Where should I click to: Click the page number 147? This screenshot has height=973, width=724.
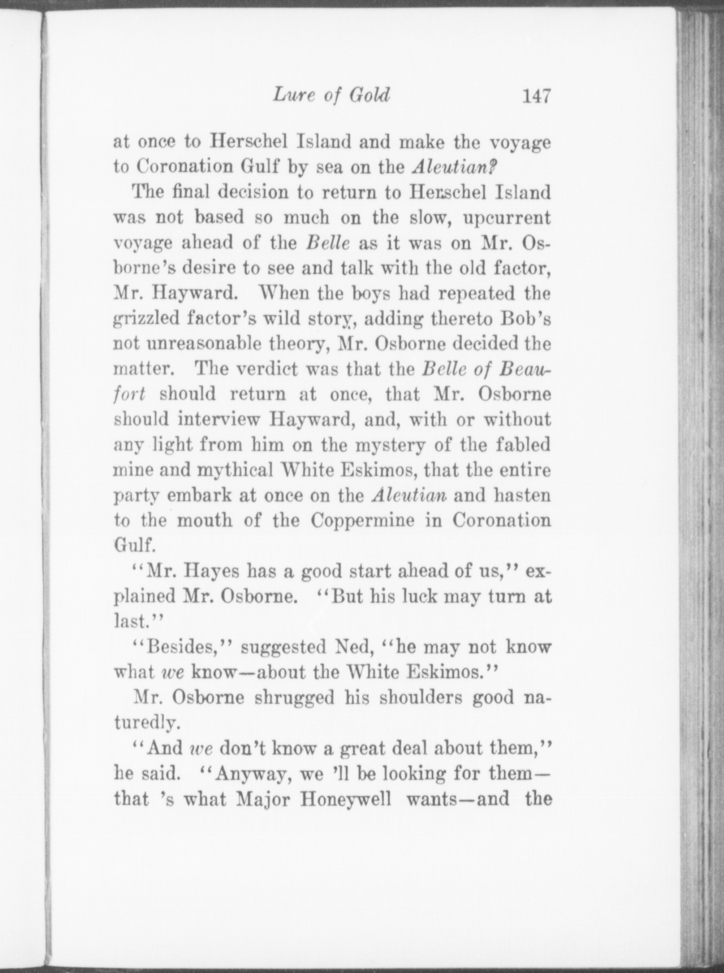536,96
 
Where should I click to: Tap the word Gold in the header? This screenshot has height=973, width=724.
369,95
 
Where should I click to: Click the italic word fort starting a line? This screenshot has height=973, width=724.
130,395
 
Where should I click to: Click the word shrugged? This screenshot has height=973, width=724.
296,698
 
